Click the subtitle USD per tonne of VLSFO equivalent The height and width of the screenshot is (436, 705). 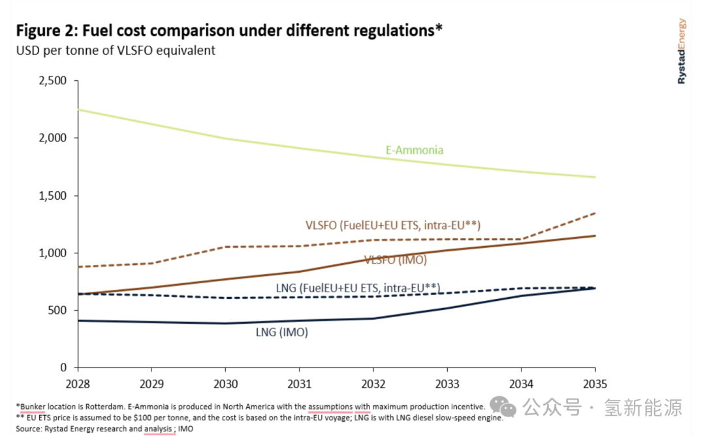click(x=116, y=50)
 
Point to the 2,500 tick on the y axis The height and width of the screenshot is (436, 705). click(x=54, y=81)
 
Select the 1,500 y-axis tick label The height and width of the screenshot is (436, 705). click(x=54, y=196)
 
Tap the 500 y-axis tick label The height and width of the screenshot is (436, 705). click(x=59, y=310)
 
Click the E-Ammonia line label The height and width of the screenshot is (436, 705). click(x=415, y=150)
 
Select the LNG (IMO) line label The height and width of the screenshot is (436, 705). click(x=281, y=332)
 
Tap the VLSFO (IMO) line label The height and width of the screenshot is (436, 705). click(x=396, y=260)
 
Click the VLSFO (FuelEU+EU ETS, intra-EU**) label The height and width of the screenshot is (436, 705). click(x=393, y=226)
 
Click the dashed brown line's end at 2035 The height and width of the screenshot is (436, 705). click(x=595, y=213)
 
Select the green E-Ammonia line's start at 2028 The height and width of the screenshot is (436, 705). click(x=78, y=110)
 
